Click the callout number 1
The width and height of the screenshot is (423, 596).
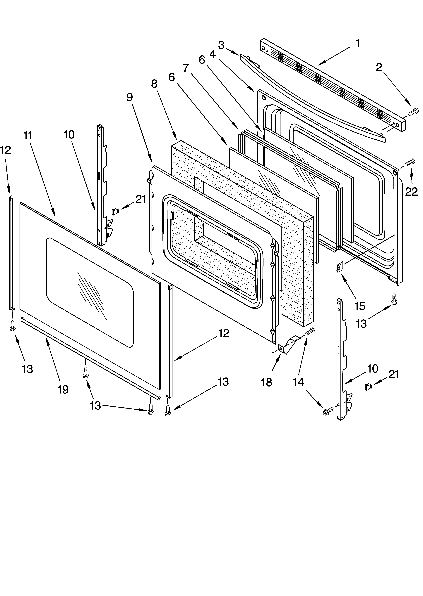[x=358, y=44]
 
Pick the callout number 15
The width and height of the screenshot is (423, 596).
[x=360, y=306]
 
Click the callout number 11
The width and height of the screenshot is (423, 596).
[x=28, y=136]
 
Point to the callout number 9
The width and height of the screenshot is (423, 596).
[x=129, y=97]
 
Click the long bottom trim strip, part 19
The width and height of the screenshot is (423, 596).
[x=89, y=357]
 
